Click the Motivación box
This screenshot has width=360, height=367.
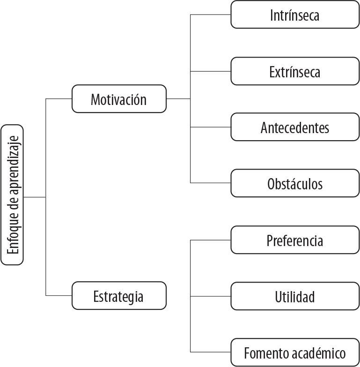(119, 99)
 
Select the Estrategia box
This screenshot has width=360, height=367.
(119, 296)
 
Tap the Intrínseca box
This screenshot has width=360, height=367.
(295, 15)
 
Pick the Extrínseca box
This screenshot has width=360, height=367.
(295, 71)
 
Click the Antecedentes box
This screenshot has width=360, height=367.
(295, 127)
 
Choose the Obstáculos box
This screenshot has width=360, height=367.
(295, 183)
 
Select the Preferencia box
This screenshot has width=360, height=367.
(295, 240)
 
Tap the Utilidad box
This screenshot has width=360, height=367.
(295, 296)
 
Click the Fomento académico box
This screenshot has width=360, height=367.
(295, 352)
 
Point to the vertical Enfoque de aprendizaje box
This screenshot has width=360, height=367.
(12, 195)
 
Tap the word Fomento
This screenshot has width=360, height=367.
(264, 352)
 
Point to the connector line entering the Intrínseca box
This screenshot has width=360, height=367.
(211, 15)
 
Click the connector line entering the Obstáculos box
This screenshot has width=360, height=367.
(211, 183)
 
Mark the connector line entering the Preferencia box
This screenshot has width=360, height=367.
(211, 240)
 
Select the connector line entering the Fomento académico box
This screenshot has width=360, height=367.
(211, 352)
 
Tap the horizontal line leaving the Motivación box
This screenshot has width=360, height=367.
(178, 99)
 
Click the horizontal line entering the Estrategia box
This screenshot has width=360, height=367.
(59, 296)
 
